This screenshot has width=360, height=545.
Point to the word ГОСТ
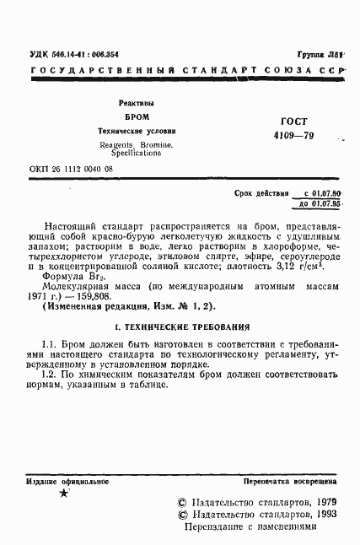coord(287,122)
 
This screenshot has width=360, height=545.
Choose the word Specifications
coord(136,154)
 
